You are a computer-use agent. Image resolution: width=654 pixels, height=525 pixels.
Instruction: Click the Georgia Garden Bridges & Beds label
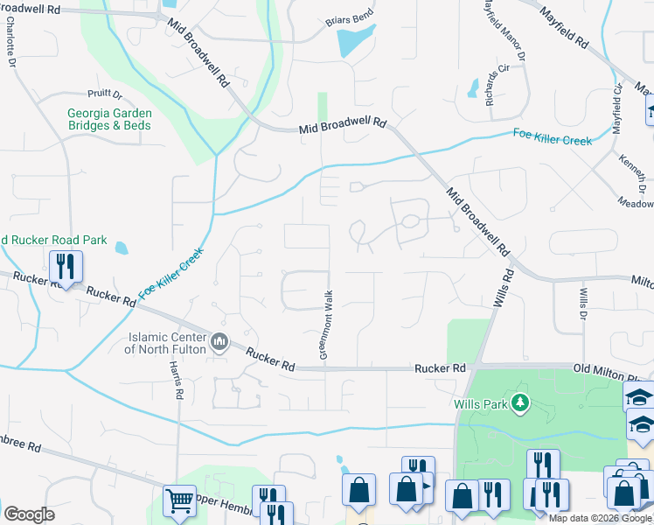click(109, 119)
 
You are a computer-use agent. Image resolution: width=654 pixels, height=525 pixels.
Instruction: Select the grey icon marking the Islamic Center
click(219, 340)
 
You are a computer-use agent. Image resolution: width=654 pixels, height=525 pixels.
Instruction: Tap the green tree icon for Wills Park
click(520, 402)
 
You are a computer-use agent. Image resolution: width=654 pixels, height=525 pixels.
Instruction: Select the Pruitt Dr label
click(104, 94)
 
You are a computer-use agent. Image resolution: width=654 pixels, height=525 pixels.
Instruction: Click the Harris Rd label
click(180, 381)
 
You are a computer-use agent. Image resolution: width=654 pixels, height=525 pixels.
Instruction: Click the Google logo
click(29, 514)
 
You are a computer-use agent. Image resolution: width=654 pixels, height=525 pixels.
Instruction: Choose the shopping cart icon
click(179, 500)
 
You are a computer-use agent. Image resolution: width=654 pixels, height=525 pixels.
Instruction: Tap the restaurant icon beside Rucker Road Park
click(66, 266)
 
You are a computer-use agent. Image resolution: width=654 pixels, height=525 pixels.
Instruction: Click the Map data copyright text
click(600, 517)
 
